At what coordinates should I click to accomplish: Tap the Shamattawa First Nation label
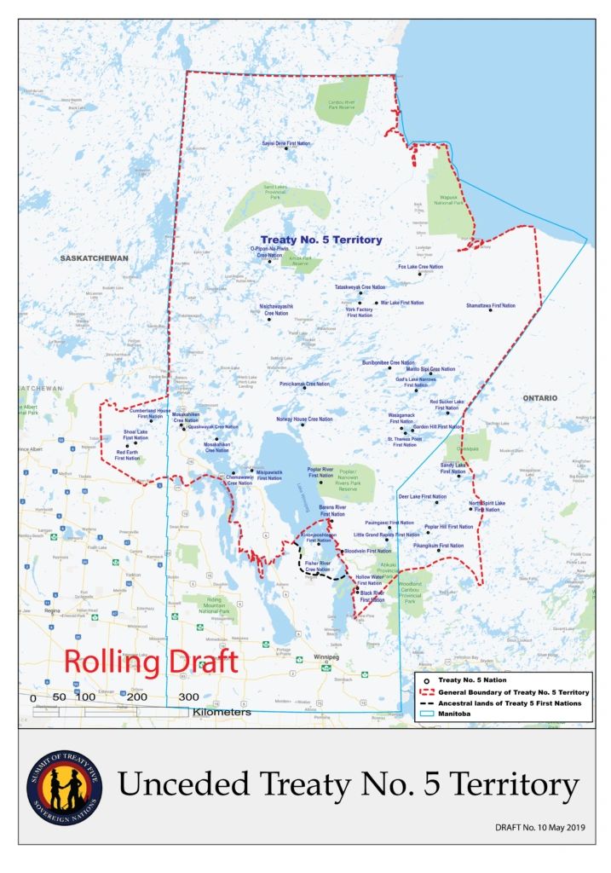490,305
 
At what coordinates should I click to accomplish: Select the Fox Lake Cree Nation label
420,267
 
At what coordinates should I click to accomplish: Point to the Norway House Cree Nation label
303,419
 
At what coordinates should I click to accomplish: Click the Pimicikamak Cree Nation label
304,384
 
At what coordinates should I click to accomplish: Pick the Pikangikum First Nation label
438,546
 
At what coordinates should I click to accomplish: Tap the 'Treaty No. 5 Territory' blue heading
320,240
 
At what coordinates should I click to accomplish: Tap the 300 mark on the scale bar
188,697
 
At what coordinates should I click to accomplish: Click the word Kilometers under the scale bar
222,712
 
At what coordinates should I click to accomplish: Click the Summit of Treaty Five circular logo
65,788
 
